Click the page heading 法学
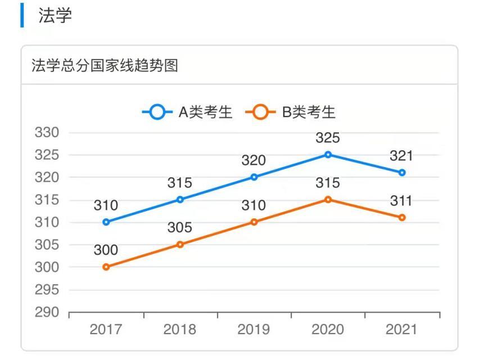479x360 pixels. tap(55, 16)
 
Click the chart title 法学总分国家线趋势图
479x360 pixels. tap(105, 66)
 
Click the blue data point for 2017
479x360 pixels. tap(106, 222)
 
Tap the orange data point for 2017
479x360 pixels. tap(106, 267)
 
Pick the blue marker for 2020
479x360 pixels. tap(328, 155)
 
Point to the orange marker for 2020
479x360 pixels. tap(328, 200)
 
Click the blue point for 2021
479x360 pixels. tap(402, 173)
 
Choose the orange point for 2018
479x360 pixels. tap(180, 245)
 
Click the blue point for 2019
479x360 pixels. tap(254, 177)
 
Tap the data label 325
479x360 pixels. tap(328, 138)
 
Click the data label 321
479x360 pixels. tap(401, 156)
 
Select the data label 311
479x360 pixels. tap(401, 201)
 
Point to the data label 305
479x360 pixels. tap(179, 228)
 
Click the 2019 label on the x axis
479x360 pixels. tap(254, 330)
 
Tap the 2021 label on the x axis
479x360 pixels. tap(401, 330)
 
